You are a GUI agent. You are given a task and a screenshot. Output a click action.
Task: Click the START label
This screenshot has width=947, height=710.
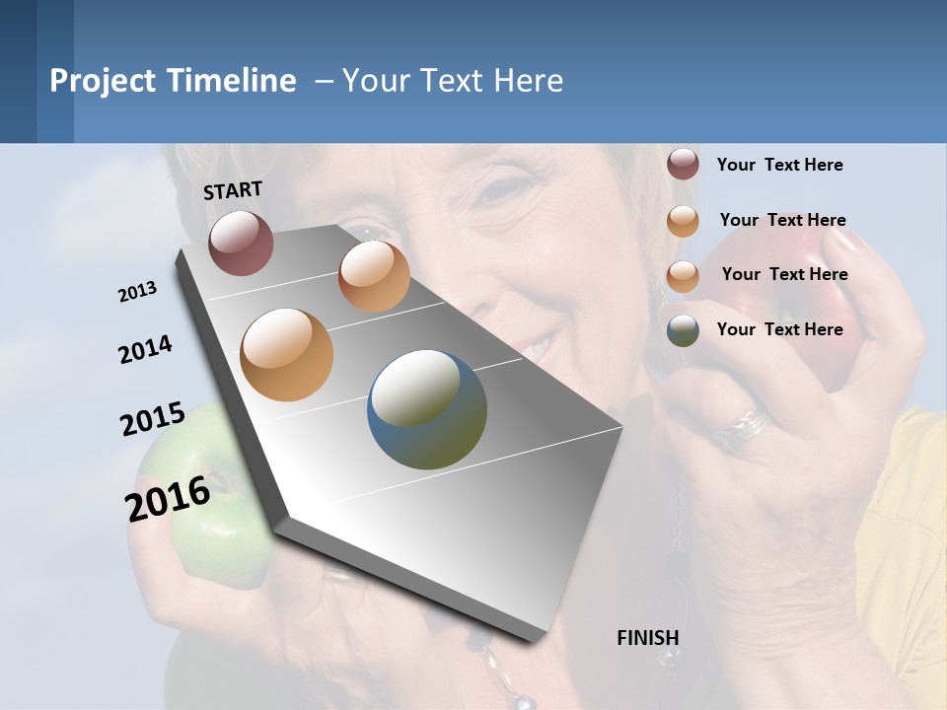pos(233,190)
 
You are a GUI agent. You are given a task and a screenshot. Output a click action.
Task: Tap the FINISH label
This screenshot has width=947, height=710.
pos(647,638)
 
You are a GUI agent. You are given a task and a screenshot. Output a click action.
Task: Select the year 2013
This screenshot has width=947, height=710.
pos(137,292)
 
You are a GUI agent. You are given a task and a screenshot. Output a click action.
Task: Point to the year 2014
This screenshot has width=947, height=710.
pos(145,350)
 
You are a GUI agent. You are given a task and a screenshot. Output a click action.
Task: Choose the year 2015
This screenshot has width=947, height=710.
pos(152,419)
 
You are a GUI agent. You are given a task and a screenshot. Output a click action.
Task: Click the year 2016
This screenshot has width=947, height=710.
pos(168,498)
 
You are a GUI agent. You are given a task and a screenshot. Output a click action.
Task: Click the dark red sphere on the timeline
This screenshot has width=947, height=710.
pos(241,243)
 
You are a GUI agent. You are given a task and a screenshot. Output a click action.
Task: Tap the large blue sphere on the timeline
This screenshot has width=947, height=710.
pos(427,409)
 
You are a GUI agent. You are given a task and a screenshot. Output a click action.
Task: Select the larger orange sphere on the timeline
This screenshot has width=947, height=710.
pos(286,354)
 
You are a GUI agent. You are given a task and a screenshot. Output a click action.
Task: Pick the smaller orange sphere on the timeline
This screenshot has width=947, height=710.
pos(374,276)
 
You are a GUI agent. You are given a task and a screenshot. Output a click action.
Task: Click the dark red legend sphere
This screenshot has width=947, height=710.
pos(683,165)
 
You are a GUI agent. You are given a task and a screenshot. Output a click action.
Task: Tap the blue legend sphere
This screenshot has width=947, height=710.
pos(683,330)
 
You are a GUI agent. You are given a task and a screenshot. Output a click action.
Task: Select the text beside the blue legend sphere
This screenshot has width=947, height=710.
pos(779,329)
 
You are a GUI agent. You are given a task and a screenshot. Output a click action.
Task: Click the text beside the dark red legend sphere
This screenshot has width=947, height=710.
pos(779,165)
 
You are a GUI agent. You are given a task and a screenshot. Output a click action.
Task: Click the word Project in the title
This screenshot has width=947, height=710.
pos(102,81)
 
